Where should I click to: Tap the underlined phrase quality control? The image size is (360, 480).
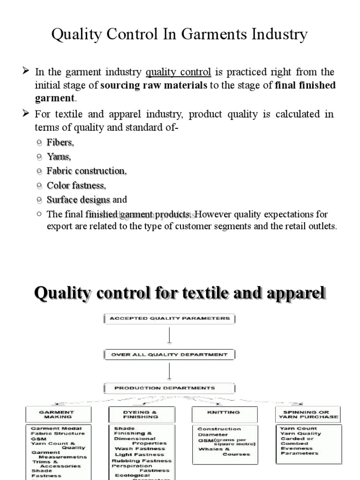[x=178, y=72]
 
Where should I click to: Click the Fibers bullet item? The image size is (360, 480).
[x=60, y=142]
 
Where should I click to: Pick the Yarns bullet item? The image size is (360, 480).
[x=59, y=157]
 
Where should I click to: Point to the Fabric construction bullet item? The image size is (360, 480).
[x=87, y=171]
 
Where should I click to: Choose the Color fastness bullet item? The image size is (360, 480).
[x=76, y=186]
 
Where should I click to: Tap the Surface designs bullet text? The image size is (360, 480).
[x=78, y=200]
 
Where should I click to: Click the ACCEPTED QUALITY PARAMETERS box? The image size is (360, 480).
[x=169, y=319]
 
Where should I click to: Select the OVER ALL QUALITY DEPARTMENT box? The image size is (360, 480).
[x=169, y=355]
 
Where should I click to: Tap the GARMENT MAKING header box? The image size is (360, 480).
[x=55, y=414]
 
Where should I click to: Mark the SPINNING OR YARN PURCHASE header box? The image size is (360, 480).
[x=307, y=414]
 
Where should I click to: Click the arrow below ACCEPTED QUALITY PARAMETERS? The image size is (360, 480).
[x=169, y=336]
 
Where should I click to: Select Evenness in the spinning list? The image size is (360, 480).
[x=296, y=448]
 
